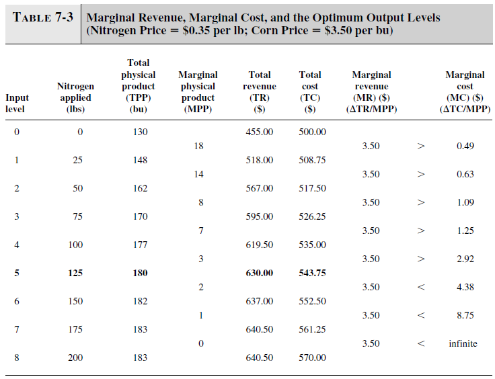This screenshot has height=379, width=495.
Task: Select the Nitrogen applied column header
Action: [75, 97]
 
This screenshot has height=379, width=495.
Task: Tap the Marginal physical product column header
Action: [198, 91]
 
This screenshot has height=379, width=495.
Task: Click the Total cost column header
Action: [310, 91]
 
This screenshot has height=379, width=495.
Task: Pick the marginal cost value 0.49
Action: [465, 146]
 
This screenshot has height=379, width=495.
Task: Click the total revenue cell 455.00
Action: [260, 132]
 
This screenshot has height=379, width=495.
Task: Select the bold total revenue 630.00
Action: [260, 273]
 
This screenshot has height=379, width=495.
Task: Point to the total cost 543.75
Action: [312, 273]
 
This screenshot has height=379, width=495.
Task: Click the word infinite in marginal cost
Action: [463, 343]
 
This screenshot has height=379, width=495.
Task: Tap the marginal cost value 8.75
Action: [465, 315]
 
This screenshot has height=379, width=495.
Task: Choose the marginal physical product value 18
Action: [198, 146]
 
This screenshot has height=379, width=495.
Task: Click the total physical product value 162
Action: [140, 188]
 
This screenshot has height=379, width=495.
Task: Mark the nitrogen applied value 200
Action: [75, 357]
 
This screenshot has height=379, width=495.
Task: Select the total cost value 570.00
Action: [312, 357]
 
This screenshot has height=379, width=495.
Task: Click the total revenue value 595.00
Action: [260, 216]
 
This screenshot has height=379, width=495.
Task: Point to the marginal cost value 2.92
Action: [465, 259]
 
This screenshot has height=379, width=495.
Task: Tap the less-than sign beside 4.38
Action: [421, 287]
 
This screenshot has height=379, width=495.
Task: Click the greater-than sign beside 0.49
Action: [421, 146]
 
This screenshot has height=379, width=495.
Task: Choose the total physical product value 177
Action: [140, 245]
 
